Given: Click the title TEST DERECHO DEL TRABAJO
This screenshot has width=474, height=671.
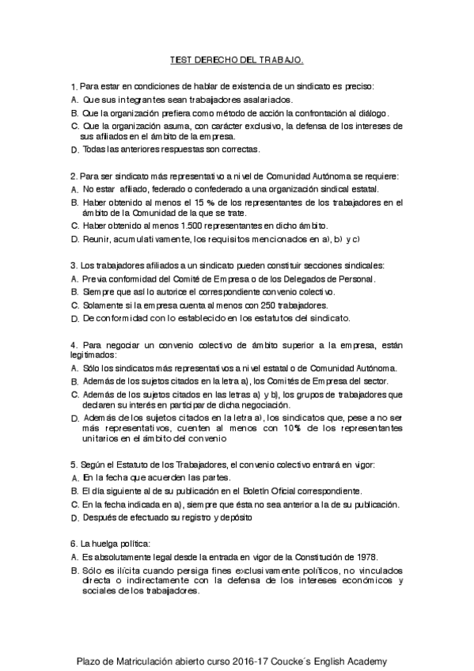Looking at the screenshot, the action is click(x=237, y=59).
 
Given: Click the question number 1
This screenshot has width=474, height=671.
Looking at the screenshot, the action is click(x=73, y=85).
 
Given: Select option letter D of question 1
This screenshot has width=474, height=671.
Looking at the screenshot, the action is click(x=74, y=149).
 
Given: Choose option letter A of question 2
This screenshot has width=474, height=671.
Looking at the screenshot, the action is click(x=74, y=190).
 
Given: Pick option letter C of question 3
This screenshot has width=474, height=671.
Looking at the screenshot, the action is click(x=74, y=305).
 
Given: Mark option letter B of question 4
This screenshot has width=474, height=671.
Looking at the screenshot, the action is click(x=74, y=381).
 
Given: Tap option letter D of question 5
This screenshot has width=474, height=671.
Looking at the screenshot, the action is click(x=74, y=518).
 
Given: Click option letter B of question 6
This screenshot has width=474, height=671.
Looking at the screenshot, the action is click(x=74, y=571).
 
